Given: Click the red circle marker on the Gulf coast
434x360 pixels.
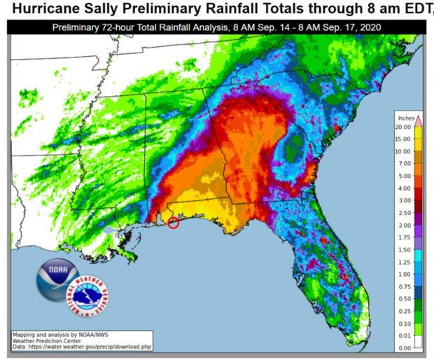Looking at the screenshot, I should click(174, 223).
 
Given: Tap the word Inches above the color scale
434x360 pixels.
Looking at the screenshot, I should click(406, 117).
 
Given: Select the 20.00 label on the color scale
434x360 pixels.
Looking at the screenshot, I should click(404, 127).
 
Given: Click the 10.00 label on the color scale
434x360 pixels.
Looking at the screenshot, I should click(404, 151).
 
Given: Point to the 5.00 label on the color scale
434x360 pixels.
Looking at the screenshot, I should click(404, 176).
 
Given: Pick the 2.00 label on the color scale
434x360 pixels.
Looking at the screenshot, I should click(404, 225).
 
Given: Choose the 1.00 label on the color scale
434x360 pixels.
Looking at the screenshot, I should click(404, 274).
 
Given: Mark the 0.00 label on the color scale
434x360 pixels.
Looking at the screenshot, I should click(404, 347).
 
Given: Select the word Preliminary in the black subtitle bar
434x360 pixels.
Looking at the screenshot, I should click(79, 28).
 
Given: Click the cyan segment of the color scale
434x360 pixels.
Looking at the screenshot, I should click(419, 256).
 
